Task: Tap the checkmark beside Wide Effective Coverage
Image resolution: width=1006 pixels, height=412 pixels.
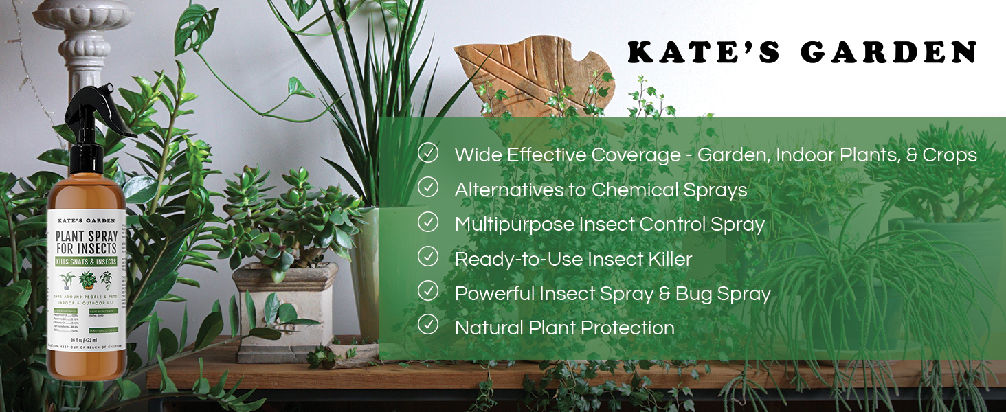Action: [x=428, y=153]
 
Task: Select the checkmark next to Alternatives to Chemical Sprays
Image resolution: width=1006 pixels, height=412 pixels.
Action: [x=428, y=187]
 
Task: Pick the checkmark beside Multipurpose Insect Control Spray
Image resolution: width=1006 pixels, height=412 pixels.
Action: [x=428, y=222]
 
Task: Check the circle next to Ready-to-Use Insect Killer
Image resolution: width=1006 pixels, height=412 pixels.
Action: [x=428, y=257]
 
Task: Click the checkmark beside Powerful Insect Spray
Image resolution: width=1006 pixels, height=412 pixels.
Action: [x=428, y=291]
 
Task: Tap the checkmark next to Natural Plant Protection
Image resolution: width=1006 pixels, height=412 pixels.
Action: [x=428, y=325]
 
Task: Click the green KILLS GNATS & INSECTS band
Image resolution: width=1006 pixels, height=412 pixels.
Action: [x=86, y=262]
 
